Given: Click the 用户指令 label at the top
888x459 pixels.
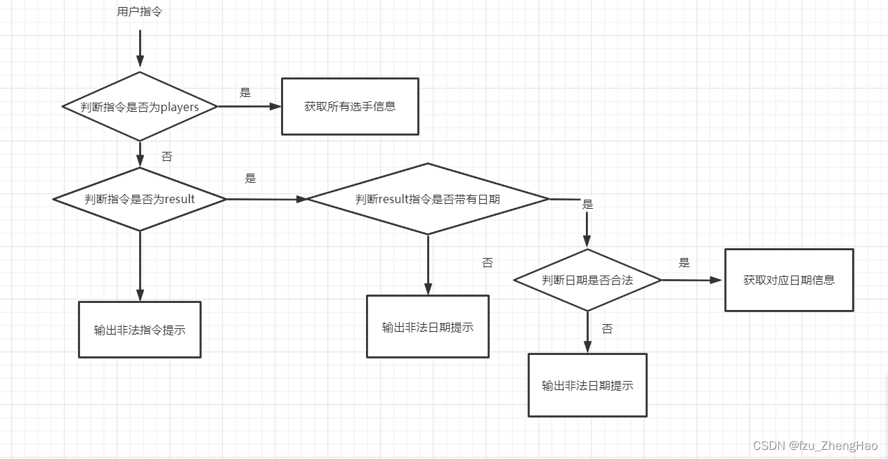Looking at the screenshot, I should pos(139,11).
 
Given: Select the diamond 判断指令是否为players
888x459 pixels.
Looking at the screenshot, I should pos(140,107).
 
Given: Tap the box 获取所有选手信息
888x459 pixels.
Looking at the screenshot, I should pos(350,106).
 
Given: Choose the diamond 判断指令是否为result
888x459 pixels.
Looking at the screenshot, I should pos(140,199).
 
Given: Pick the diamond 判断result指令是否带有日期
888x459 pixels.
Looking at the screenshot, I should pos(427,199).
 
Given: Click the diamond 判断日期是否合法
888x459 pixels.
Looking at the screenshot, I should pos(587,280).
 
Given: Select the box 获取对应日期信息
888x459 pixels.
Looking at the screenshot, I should pos(789,280).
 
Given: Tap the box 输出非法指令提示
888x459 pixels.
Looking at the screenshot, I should pos(140,330).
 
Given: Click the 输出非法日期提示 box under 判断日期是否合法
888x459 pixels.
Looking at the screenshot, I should pos(587,385).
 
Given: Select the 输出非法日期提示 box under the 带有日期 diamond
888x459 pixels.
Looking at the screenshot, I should pos(427,327).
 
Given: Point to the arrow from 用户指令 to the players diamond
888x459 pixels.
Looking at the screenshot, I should pos(140,49).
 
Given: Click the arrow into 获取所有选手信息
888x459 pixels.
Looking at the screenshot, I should pos(249,107).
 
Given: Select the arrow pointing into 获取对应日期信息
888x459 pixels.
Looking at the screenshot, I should pos(692,280).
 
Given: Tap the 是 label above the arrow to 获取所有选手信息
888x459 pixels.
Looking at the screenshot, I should pos(245,93).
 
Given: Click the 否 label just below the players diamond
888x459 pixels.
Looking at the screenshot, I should pos(166,157).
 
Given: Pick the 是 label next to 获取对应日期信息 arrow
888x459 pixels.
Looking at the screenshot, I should pos(684,263).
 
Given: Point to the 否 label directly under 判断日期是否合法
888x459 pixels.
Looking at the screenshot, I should pos(607,329).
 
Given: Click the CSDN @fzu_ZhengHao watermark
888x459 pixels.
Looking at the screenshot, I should pos(815,446).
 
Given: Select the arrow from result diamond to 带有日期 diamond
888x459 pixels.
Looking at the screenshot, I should pos(267,199).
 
